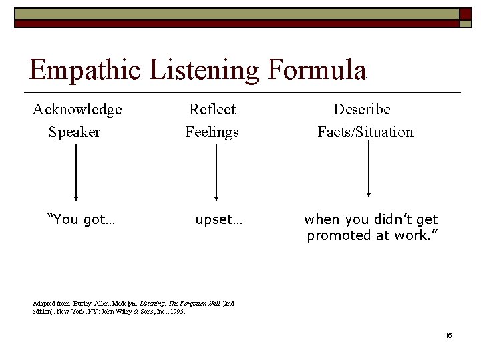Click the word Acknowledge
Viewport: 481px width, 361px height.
pyautogui.click(x=77, y=109)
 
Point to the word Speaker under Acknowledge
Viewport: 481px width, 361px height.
pyautogui.click(x=74, y=132)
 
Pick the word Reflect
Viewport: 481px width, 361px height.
pyautogui.click(x=212, y=109)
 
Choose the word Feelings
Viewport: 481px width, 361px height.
pyautogui.click(x=212, y=132)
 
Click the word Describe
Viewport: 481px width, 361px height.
pyautogui.click(x=362, y=109)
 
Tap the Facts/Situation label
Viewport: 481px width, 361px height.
pyautogui.click(x=365, y=132)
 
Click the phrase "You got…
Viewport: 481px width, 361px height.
pyautogui.click(x=81, y=219)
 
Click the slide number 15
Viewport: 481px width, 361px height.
pyautogui.click(x=448, y=334)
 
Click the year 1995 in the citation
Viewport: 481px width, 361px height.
pyautogui.click(x=176, y=312)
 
